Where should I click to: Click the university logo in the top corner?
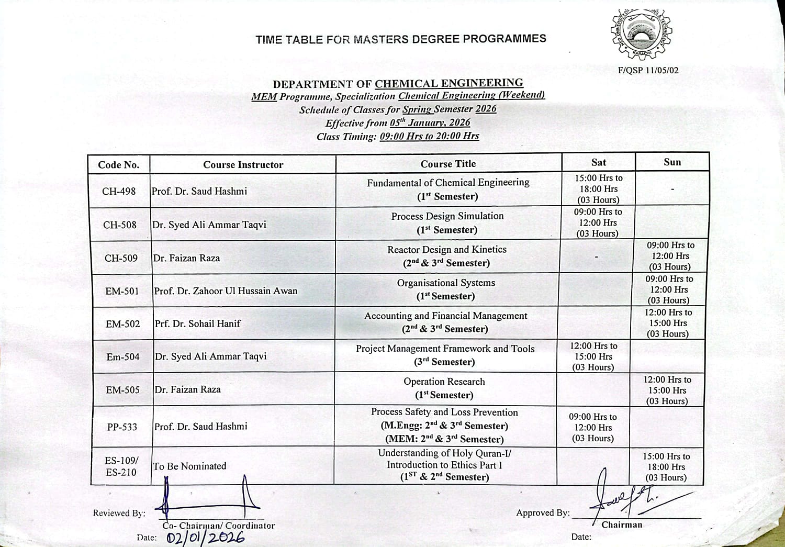pos(641,35)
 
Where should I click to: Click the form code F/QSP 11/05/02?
pos(648,70)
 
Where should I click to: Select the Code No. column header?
pos(119,165)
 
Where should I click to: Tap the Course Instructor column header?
pos(243,165)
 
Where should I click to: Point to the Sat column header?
pos(598,162)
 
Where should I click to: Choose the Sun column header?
pos(672,162)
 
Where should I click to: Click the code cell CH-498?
pos(119,192)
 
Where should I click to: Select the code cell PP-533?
pos(122,427)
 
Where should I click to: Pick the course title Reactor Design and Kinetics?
pos(447,250)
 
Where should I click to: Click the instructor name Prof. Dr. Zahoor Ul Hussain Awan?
pos(226,291)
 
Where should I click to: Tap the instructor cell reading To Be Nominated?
pos(189,466)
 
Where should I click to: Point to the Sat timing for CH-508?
pos(598,223)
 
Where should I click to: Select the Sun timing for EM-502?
pos(668,323)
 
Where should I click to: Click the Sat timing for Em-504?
pos(593,356)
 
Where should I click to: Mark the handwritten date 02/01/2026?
pos(206,538)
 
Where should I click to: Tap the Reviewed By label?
pos(119,513)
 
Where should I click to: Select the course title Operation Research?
pos(444,382)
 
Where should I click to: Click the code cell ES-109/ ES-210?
pos(121,466)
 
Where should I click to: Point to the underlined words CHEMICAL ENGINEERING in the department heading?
pos(449,83)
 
